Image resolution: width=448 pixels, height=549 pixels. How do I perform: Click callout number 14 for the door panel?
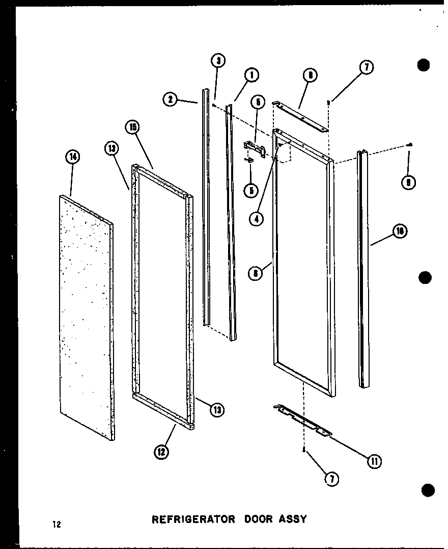(x=72, y=158)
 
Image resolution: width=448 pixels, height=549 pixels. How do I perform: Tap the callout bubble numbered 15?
(x=133, y=127)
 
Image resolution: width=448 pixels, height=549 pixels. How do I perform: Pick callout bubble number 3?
(x=217, y=61)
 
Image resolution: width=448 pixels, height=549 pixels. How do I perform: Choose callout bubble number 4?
(x=258, y=218)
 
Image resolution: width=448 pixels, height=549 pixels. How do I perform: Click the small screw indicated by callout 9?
(x=410, y=145)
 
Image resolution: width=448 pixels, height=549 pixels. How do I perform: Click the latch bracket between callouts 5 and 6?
(x=254, y=148)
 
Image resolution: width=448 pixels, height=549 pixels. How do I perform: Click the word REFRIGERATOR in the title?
(x=193, y=519)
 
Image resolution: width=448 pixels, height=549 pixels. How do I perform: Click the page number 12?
(x=55, y=524)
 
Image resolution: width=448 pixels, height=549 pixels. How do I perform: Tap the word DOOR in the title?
(x=255, y=519)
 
